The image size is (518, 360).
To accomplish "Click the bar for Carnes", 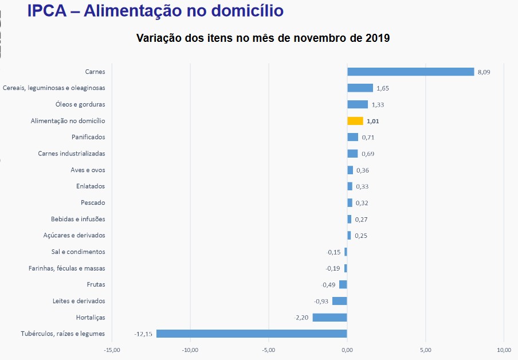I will pyautogui.click(x=410, y=72).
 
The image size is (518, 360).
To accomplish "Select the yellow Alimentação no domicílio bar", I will pyautogui.click(x=355, y=121).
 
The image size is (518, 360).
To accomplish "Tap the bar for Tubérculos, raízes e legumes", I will pyautogui.click(x=252, y=334).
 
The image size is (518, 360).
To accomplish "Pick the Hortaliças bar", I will pyautogui.click(x=329, y=318).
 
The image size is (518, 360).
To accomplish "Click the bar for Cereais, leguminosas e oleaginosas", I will pyautogui.click(x=360, y=88).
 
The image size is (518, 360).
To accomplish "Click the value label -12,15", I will pyautogui.click(x=143, y=334).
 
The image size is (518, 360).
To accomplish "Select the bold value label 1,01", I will pyautogui.click(x=373, y=121).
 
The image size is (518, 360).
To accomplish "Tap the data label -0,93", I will pyautogui.click(x=321, y=302).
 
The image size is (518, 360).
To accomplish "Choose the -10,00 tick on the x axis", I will pyautogui.click(x=190, y=350).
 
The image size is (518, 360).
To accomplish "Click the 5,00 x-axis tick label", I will pyautogui.click(x=425, y=350).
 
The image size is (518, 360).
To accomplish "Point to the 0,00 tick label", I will pyautogui.click(x=347, y=350).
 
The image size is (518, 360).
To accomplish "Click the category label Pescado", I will pyautogui.click(x=93, y=203).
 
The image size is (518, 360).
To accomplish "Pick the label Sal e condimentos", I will pyautogui.click(x=79, y=252).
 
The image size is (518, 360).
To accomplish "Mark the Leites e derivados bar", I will pyautogui.click(x=340, y=301).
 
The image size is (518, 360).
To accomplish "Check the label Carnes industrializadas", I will pyautogui.click(x=72, y=154).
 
